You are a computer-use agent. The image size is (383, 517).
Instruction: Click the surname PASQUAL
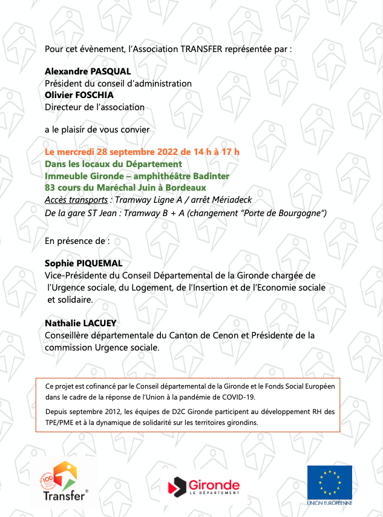pyautogui.click(x=111, y=71)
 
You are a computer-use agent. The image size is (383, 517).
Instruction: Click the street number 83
pyautogui.click(x=51, y=188)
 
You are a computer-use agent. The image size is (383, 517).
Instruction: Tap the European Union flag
pyautogui.click(x=329, y=481)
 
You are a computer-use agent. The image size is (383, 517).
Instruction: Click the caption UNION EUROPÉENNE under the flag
pyautogui.click(x=329, y=502)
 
